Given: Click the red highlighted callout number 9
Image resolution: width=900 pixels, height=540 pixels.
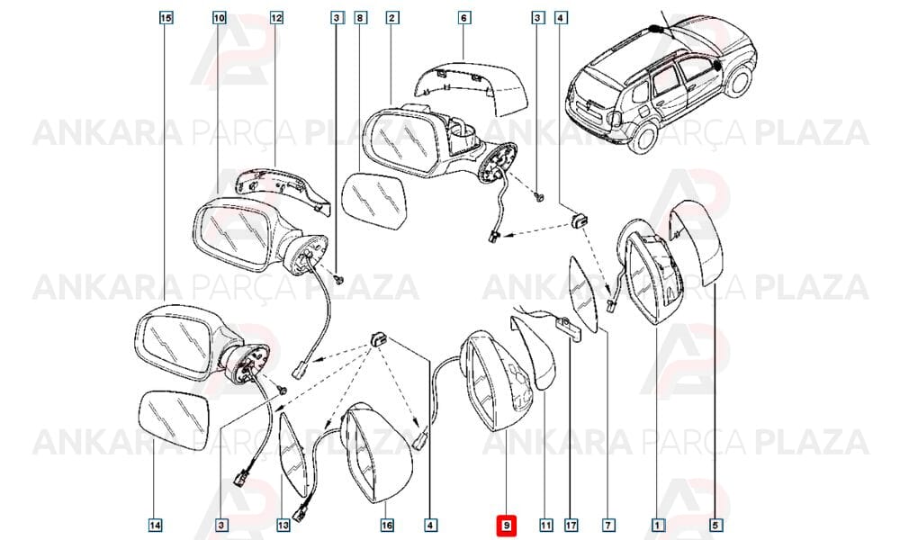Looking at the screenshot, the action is pos(506,525).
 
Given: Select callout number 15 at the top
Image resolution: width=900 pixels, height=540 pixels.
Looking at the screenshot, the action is pos(166,18).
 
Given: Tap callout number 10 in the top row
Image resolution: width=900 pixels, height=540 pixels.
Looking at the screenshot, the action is pos(220,18).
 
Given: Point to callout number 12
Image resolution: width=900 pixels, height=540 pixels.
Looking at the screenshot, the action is pos(276,18).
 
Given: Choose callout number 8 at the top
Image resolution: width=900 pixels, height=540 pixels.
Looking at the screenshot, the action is pos(360,18).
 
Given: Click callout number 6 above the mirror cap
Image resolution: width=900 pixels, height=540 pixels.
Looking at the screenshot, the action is pos(463,18).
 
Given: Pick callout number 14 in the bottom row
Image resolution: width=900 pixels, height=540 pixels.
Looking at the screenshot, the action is pos(155,525).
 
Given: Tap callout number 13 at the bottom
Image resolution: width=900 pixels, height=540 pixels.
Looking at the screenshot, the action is pos(283,525).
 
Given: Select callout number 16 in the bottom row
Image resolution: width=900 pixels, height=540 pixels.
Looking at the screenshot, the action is pos(387,525).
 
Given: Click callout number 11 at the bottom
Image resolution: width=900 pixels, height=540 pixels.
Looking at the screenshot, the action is pos(546,525).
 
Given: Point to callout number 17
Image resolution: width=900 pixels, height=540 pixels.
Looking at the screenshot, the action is pos(571,525).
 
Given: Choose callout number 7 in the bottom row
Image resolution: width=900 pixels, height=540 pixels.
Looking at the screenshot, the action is pos(608,525).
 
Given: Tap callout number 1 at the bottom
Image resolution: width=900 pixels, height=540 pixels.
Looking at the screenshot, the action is pos(658,525).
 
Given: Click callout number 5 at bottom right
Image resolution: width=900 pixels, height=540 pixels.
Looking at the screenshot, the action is pos(715,525).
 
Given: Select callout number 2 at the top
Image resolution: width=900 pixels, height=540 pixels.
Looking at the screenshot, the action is pos(392,18).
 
